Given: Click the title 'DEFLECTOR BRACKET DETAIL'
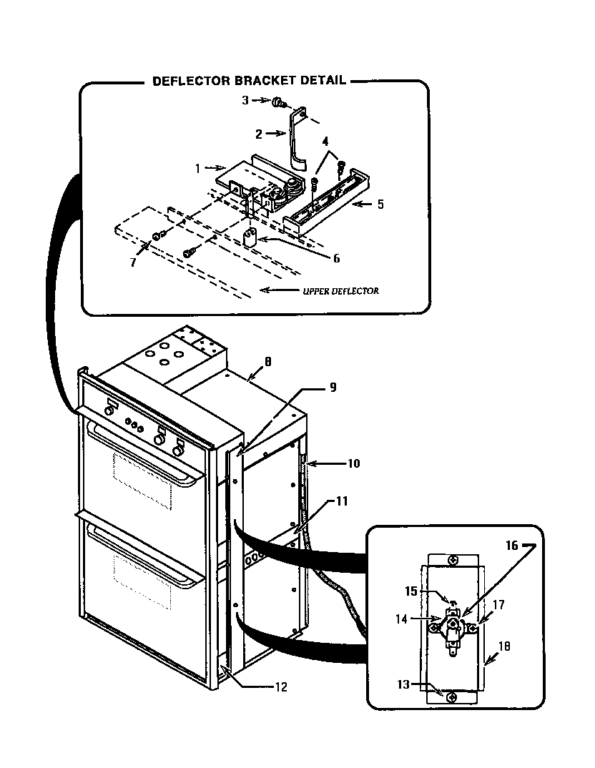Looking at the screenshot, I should click(249, 81).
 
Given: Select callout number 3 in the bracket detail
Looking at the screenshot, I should click(245, 101).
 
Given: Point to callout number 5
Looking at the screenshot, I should click(380, 204).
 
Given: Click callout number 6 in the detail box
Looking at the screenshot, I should click(336, 258).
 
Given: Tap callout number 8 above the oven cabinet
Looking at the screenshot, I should click(267, 363).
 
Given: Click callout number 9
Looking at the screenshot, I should click(332, 388).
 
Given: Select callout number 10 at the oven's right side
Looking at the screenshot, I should click(353, 463).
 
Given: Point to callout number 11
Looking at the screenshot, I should click(342, 501).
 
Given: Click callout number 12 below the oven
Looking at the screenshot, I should click(280, 687).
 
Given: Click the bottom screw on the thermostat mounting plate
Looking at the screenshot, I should click(451, 697).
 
